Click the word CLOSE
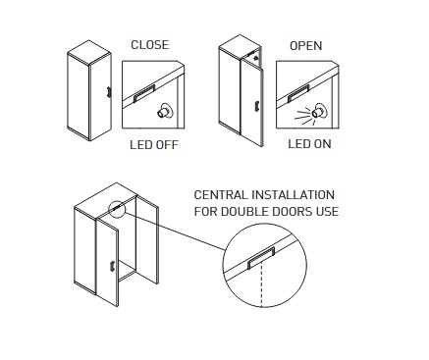pyautogui.click(x=150, y=45)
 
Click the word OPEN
pyautogui.click(x=306, y=46)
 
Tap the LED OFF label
pyautogui.click(x=154, y=145)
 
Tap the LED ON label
pyautogui.click(x=309, y=144)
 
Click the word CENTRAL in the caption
pyautogui.click(x=221, y=195)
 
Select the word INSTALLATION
pyautogui.click(x=294, y=195)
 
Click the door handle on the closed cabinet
pyautogui.click(x=109, y=92)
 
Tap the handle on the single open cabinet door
pyautogui.click(x=257, y=106)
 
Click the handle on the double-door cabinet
pyautogui.click(x=112, y=265)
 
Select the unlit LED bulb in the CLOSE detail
pyautogui.click(x=165, y=111)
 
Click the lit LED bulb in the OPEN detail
pyautogui.click(x=319, y=112)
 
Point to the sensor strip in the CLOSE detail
pyautogui.click(x=144, y=94)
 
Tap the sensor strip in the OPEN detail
pyautogui.click(x=298, y=94)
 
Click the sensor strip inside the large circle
pyautogui.click(x=261, y=258)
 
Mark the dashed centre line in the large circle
pyautogui.click(x=261, y=285)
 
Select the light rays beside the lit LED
pyautogui.click(x=303, y=116)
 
